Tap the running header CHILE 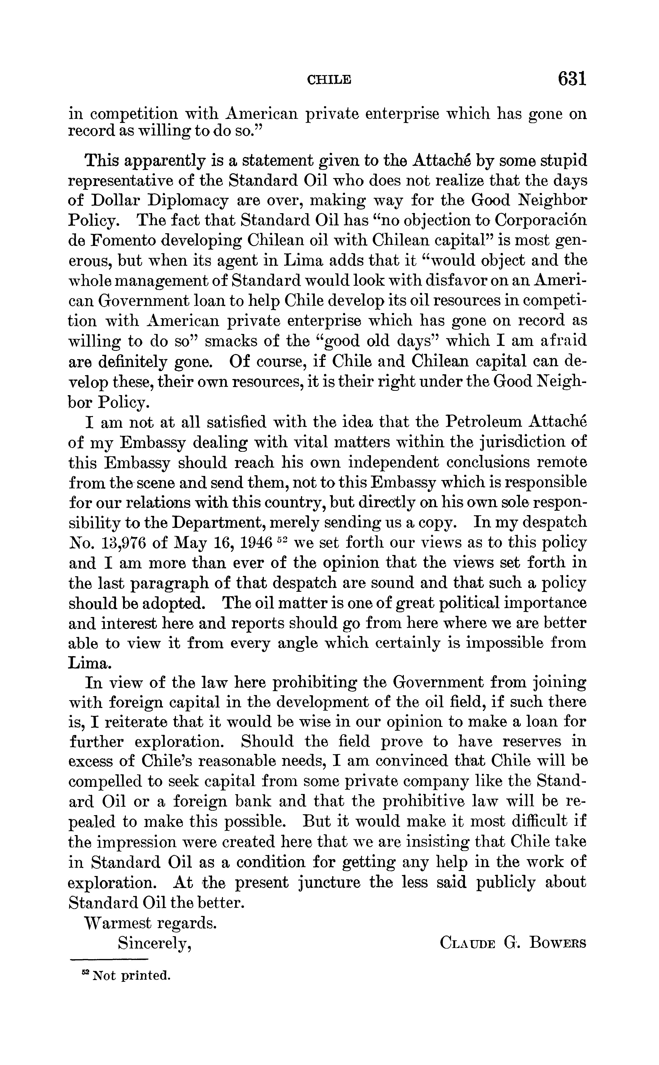pyautogui.click(x=329, y=80)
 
